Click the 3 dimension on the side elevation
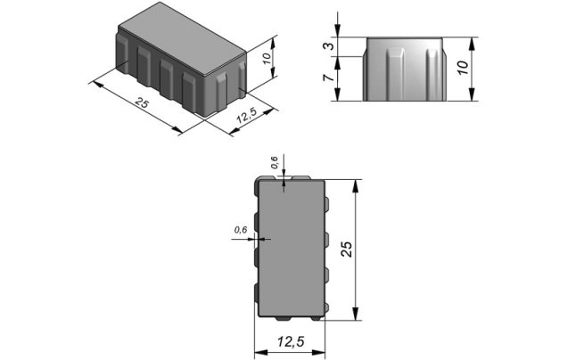329,46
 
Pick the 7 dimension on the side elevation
329,78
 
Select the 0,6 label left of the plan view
240,230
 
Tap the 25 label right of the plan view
347,250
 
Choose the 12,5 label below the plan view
290,341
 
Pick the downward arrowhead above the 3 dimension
338,33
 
